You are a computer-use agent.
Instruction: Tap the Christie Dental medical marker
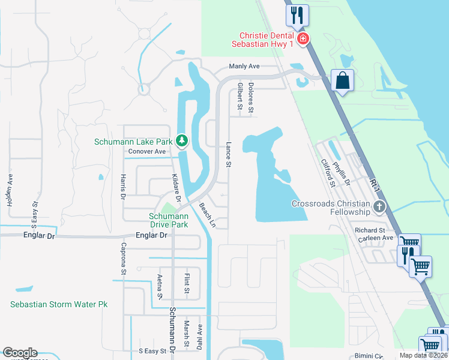pos(303,40)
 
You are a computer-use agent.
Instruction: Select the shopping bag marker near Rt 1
pos(342,80)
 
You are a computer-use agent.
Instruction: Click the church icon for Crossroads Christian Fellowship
pos(379,208)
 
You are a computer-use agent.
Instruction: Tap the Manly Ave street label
pos(243,67)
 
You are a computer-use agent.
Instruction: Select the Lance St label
pos(228,154)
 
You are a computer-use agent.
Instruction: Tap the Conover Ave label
pos(147,152)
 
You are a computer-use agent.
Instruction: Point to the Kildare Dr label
pos(178,185)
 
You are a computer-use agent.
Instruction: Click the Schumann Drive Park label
pos(169,220)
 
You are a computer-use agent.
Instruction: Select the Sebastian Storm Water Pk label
pos(59,304)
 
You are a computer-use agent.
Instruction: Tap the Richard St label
pos(370,230)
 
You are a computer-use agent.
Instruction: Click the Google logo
pos(20,353)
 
